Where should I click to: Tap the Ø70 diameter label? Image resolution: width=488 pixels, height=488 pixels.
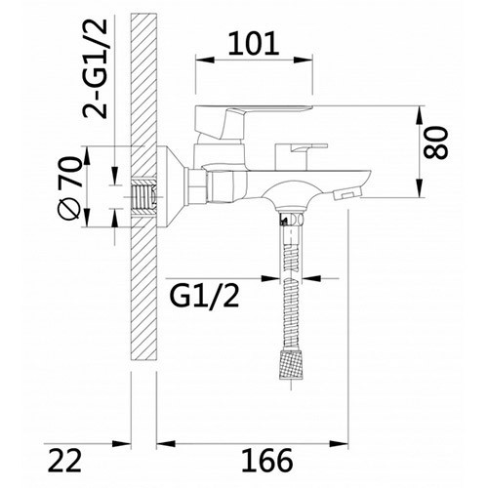click(69, 187)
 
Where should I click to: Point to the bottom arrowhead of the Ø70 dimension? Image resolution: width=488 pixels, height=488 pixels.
click(106, 225)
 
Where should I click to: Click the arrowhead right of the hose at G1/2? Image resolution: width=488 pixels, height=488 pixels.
click(303, 293)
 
